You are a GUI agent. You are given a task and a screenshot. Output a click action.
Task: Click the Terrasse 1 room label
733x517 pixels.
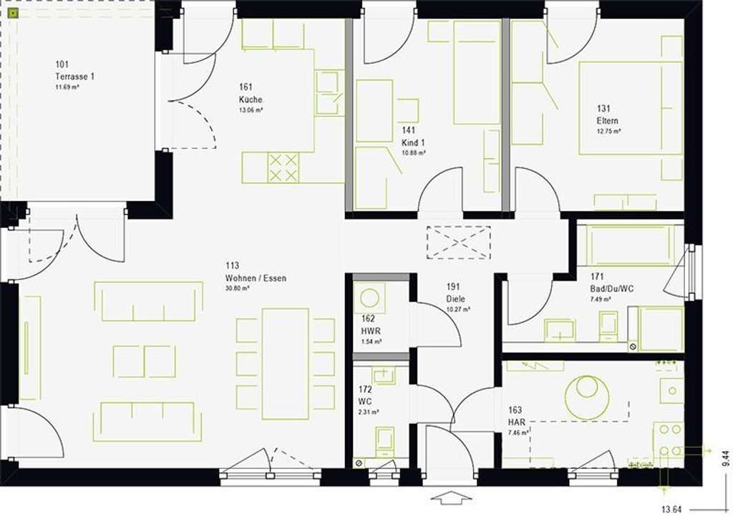click(x=75, y=77)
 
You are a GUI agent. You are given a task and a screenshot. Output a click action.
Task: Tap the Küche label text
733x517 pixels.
click(x=251, y=100)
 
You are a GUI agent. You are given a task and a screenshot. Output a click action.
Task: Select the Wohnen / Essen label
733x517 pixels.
click(x=255, y=278)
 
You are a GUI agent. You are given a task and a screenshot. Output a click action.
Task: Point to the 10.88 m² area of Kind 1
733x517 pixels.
click(x=413, y=153)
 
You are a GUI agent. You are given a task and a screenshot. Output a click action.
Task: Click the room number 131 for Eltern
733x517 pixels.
click(x=604, y=109)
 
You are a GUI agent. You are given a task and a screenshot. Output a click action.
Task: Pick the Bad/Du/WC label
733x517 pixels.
click(x=612, y=288)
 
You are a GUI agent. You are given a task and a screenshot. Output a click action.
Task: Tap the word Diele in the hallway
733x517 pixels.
click(x=456, y=299)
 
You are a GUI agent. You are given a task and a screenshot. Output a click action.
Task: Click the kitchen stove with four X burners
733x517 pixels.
click(x=283, y=168)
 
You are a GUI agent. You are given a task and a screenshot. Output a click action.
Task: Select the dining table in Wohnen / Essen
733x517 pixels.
click(x=285, y=363)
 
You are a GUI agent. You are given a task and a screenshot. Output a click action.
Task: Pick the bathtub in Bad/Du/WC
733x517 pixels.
click(x=630, y=245)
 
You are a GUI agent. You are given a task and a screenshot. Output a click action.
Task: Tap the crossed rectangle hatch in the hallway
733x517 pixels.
click(x=459, y=241)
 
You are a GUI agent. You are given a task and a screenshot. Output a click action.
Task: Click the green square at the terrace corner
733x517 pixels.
click(x=13, y=12)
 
